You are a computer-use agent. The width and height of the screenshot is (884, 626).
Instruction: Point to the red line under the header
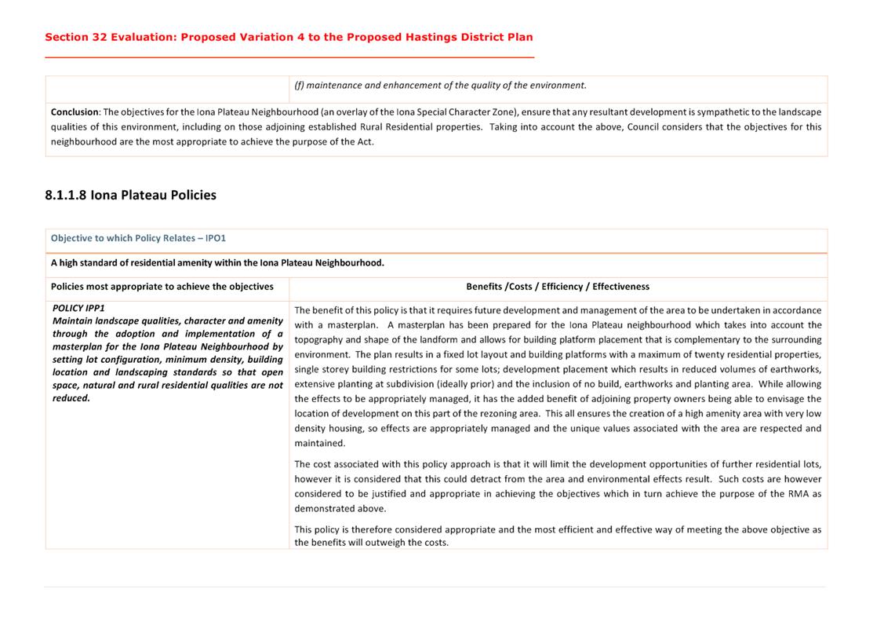289,57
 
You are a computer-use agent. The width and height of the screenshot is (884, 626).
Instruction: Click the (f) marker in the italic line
299,86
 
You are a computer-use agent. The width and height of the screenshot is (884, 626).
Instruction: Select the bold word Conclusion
75,112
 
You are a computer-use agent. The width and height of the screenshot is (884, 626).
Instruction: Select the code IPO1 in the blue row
215,238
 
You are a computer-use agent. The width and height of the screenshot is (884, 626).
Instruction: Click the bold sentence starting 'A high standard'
217,263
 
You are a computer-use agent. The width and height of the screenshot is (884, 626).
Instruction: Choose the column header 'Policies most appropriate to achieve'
162,287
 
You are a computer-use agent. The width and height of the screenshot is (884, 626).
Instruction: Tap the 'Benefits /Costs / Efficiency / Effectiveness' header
557,287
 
